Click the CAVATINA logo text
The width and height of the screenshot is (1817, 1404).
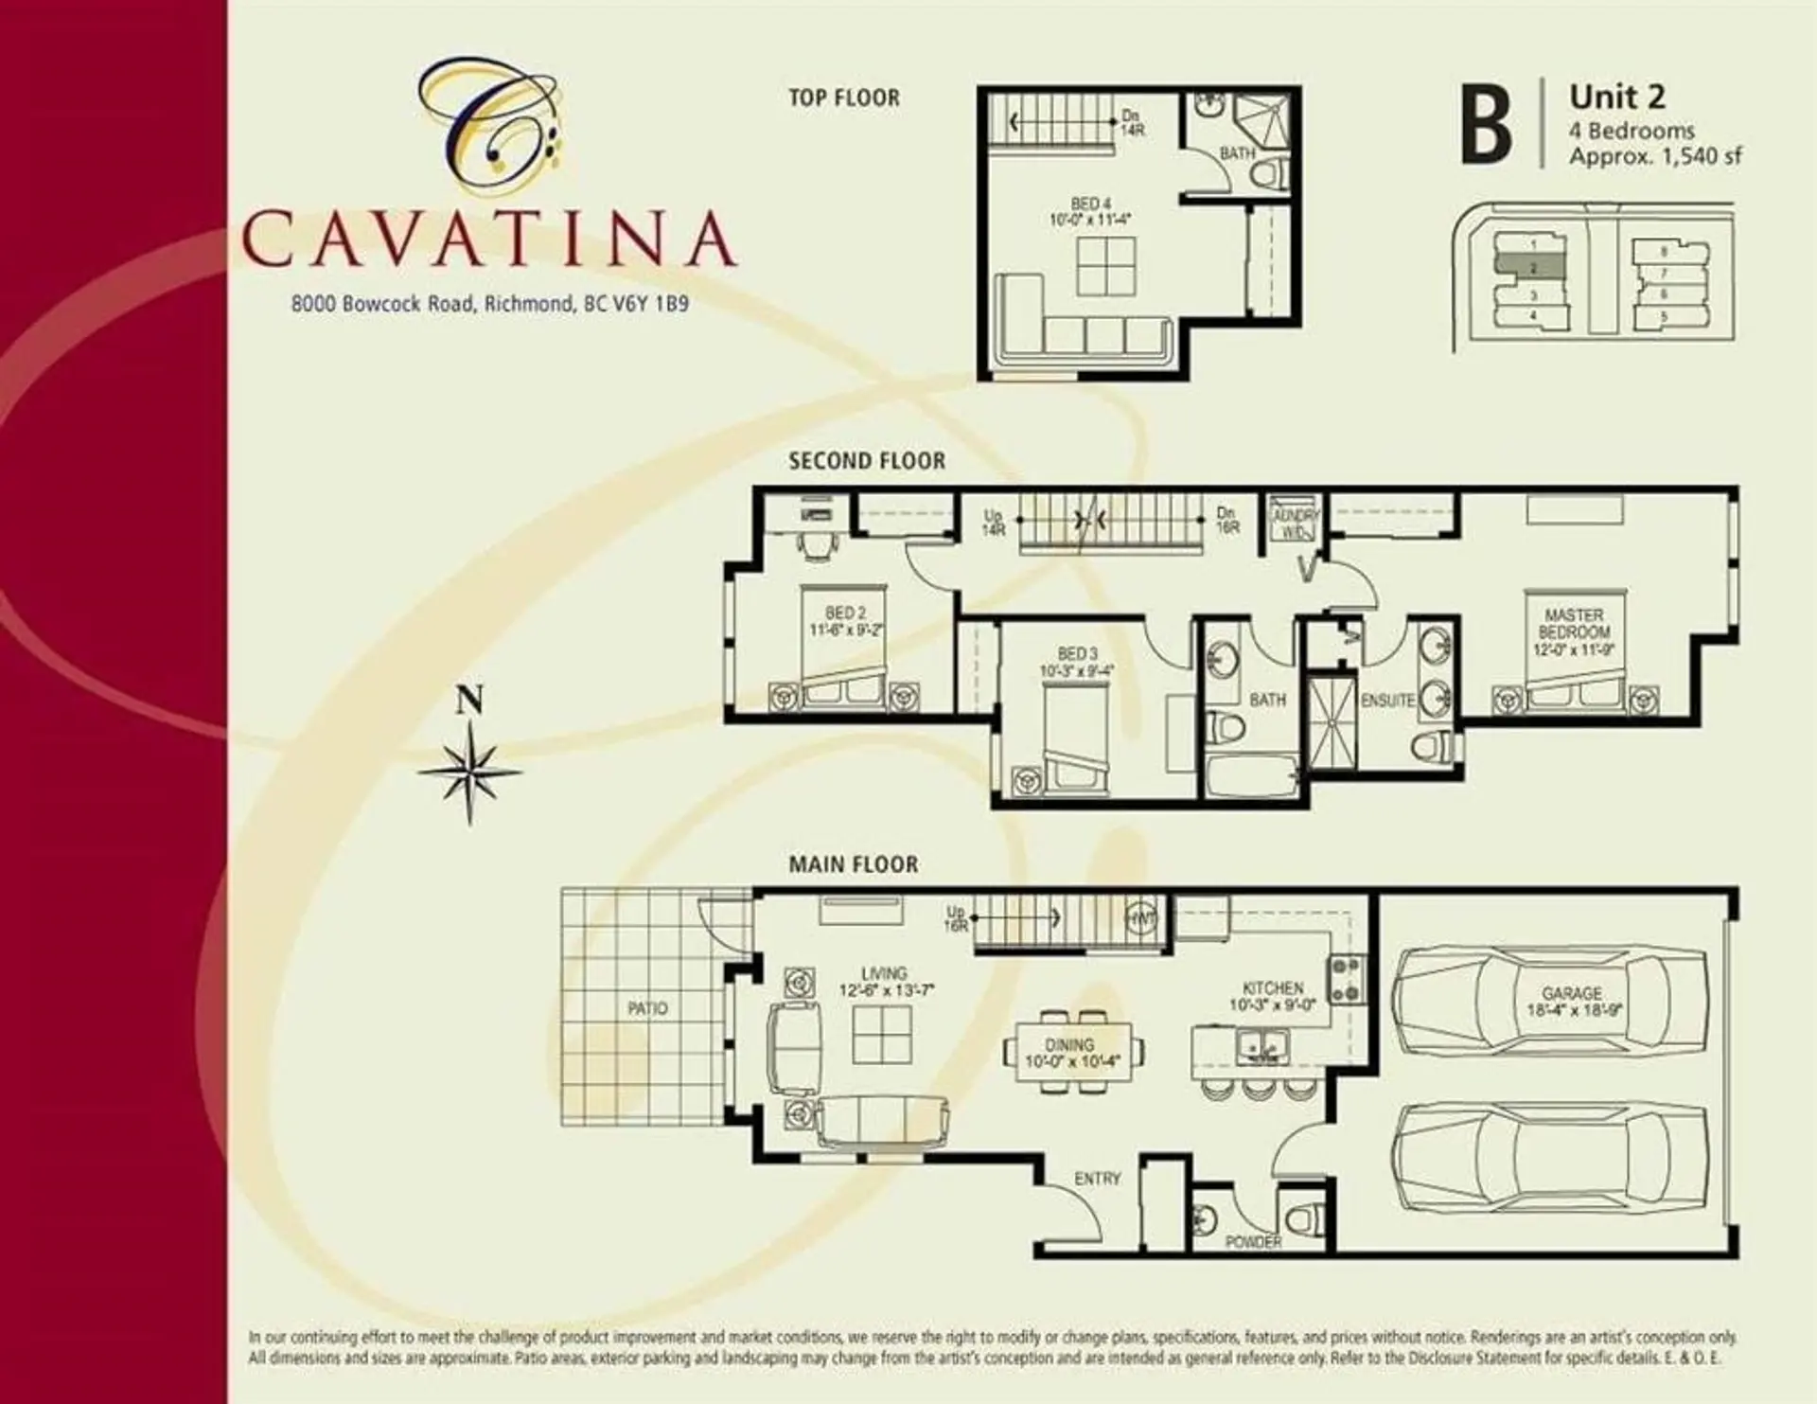(x=488, y=239)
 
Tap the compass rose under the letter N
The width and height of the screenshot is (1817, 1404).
(x=470, y=772)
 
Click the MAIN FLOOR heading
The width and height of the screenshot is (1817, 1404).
(x=853, y=864)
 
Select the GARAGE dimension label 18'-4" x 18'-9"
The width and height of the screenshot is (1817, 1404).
(x=1574, y=1010)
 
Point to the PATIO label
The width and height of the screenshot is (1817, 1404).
(x=647, y=1008)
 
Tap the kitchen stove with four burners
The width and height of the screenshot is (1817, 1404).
(x=1347, y=979)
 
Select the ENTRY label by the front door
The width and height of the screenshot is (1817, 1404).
(x=1097, y=1179)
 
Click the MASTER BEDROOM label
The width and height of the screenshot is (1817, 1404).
(x=1574, y=623)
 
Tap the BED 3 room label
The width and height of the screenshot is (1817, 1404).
(x=1077, y=654)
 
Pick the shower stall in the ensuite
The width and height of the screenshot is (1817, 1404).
(x=1332, y=720)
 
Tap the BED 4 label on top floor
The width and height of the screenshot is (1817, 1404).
(x=1090, y=204)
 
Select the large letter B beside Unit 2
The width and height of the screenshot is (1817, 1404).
(x=1485, y=124)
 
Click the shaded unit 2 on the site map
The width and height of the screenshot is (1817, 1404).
(x=1530, y=269)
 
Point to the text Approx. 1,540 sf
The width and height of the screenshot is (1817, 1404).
(x=1654, y=156)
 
